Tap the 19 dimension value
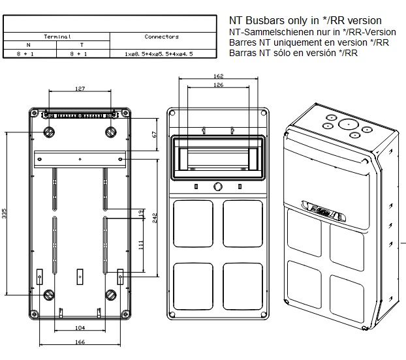pyautogui.click(x=140, y=213)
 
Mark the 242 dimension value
pyautogui.click(x=155, y=217)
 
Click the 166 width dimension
pyautogui.click(x=79, y=341)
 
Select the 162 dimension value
pyautogui.click(x=218, y=76)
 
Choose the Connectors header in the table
pyautogui.click(x=161, y=37)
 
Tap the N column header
pyautogui.click(x=29, y=45)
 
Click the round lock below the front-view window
pyautogui.click(x=218, y=188)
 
